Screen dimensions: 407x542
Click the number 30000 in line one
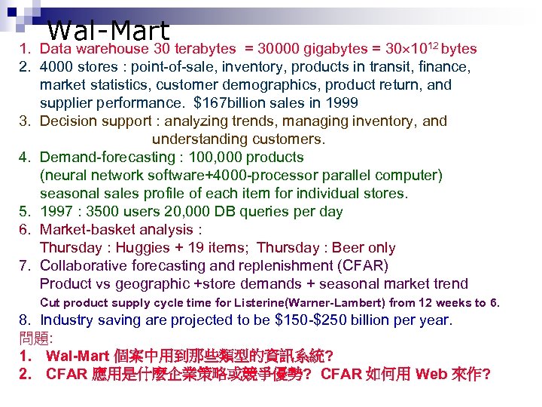pos(279,49)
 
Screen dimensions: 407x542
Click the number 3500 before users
pos(110,212)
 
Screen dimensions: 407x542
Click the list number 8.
pos(24,320)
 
